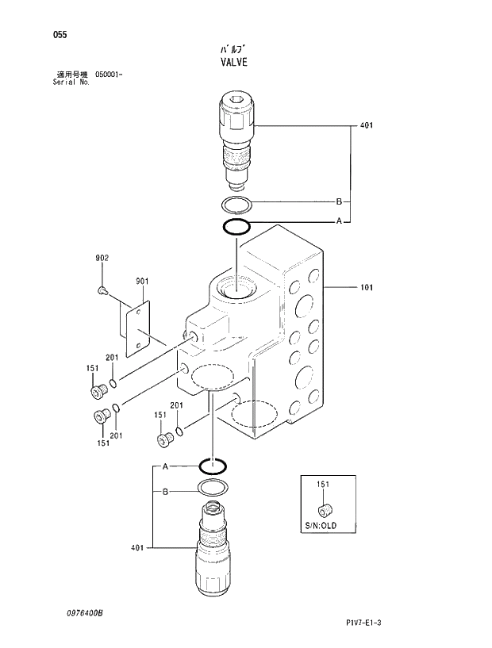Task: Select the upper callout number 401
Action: coord(366,125)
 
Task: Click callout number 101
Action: coord(366,287)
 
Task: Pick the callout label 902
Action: coord(102,258)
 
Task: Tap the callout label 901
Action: coord(142,281)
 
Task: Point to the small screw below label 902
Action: coord(102,291)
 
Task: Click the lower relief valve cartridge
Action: coord(212,547)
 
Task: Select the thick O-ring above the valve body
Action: coord(236,228)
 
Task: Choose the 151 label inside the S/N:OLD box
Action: coord(323,484)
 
